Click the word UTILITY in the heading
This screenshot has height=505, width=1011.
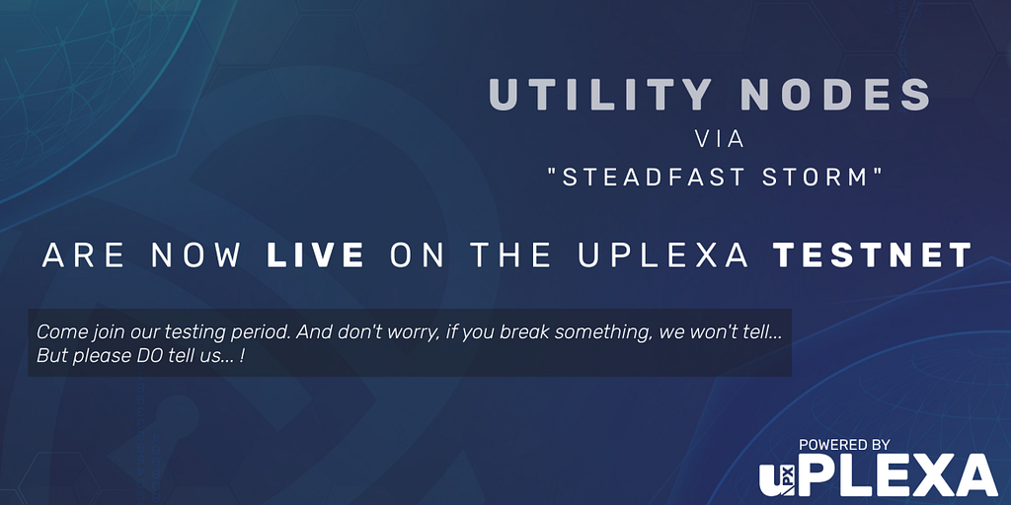point(599,95)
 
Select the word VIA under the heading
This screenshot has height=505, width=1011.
point(720,140)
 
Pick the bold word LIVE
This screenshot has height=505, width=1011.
point(315,255)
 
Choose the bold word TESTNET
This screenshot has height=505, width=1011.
point(873,255)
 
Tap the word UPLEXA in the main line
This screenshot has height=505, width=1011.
point(662,255)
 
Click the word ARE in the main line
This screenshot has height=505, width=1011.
point(84,255)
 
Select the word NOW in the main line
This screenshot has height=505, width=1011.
point(196,255)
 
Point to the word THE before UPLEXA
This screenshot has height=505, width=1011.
point(510,255)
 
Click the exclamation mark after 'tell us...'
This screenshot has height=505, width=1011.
point(241,356)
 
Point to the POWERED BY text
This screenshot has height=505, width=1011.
point(844,445)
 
